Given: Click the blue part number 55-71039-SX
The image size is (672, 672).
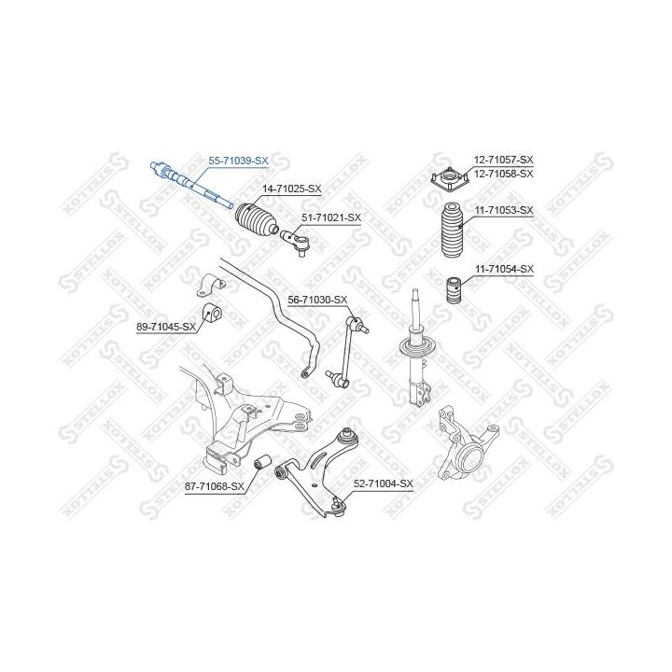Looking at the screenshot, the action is (x=238, y=161).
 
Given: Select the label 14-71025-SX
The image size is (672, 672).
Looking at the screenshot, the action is (x=292, y=189).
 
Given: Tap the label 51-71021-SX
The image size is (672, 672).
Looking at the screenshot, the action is (x=331, y=217).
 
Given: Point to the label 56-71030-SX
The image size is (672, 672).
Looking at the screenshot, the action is (x=317, y=300).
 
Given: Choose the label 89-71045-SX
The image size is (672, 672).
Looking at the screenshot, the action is (x=166, y=327).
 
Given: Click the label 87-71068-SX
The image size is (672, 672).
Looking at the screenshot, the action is (x=215, y=487).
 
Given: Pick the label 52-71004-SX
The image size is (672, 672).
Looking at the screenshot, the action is (x=384, y=483).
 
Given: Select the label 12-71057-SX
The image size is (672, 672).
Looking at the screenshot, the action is (x=504, y=160).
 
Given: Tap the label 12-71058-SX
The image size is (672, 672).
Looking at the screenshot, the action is (x=504, y=174).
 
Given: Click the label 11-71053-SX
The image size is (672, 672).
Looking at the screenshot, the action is (x=504, y=210).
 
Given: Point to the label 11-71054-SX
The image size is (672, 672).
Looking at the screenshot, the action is (x=504, y=269).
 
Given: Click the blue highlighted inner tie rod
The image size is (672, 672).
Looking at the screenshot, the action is (x=191, y=185).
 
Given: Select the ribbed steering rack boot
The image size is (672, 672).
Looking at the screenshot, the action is (x=257, y=218).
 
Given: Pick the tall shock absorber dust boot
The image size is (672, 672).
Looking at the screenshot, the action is (x=452, y=230).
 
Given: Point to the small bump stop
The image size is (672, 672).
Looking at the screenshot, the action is (x=454, y=291).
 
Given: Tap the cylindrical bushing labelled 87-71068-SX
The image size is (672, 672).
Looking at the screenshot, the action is (x=261, y=462).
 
